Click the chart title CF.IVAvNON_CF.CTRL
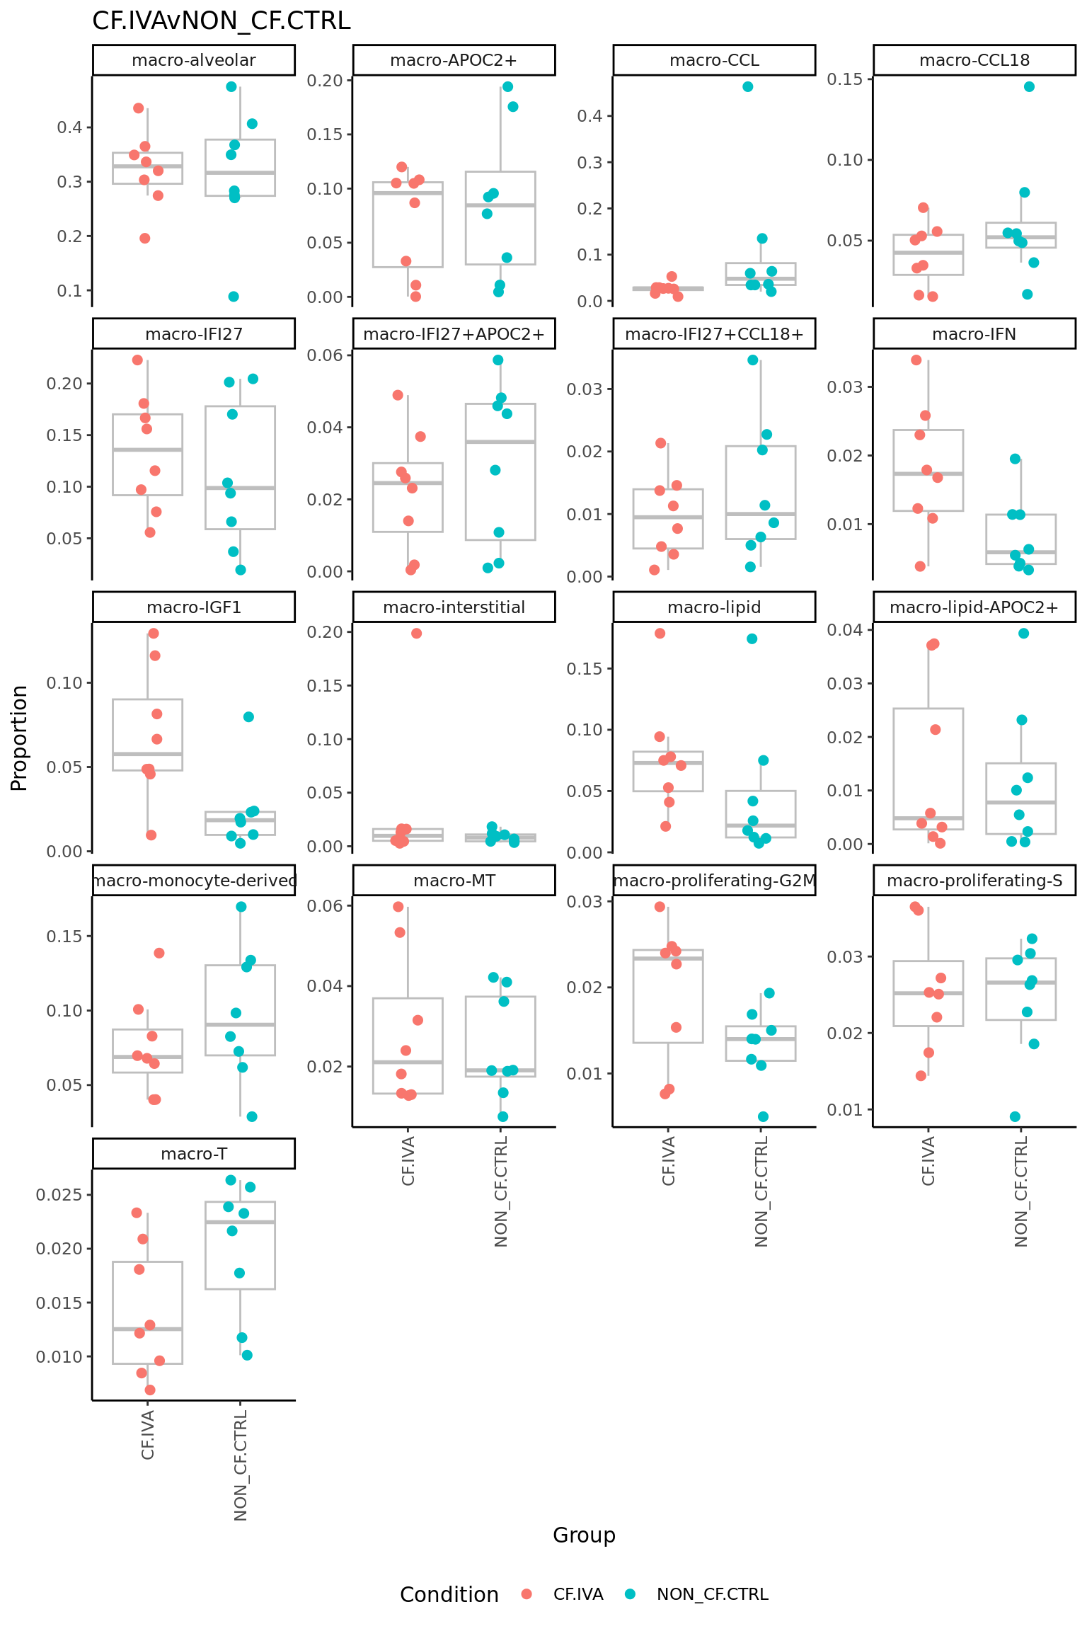click(x=221, y=21)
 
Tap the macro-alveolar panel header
click(x=193, y=60)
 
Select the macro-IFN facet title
click(x=974, y=334)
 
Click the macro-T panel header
click(x=193, y=1154)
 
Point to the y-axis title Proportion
click(x=20, y=738)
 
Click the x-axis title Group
click(x=584, y=1535)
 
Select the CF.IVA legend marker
click(x=527, y=1594)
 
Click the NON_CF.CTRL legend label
click(x=712, y=1594)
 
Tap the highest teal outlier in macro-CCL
click(x=747, y=87)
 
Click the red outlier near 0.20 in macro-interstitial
click(x=416, y=634)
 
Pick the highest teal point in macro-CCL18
click(x=1029, y=87)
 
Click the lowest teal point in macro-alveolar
click(x=234, y=297)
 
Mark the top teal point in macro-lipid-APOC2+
click(x=1023, y=634)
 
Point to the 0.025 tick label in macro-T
click(x=59, y=1195)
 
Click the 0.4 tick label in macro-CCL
click(x=589, y=116)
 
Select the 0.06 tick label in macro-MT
click(x=325, y=906)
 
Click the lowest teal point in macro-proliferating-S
click(x=1015, y=1116)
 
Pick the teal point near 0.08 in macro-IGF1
click(x=248, y=717)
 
